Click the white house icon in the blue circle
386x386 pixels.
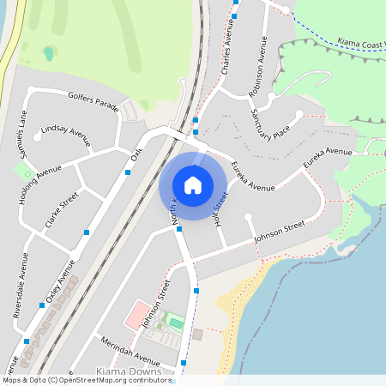193,184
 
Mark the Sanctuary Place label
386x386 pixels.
268,124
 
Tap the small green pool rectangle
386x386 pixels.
176,323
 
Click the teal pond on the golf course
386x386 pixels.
49,53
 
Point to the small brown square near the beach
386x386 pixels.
197,333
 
